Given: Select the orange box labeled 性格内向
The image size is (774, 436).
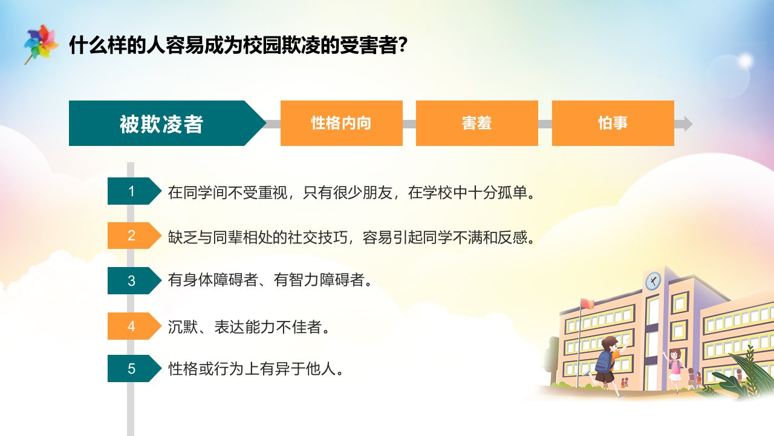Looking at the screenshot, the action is (x=342, y=123).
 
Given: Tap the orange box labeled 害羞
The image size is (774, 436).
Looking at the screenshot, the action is (x=477, y=123).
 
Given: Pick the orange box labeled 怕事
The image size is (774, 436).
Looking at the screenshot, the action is (x=613, y=123).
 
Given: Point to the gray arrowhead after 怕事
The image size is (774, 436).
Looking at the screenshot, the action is (x=686, y=124).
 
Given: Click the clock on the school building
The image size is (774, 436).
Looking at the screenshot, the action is (x=653, y=280).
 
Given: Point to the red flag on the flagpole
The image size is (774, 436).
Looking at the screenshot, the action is (x=587, y=304).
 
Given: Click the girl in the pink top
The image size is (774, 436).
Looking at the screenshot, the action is (x=674, y=369).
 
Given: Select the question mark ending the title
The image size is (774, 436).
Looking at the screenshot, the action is (x=403, y=45).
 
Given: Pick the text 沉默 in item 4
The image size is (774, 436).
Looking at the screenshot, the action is (x=183, y=327).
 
